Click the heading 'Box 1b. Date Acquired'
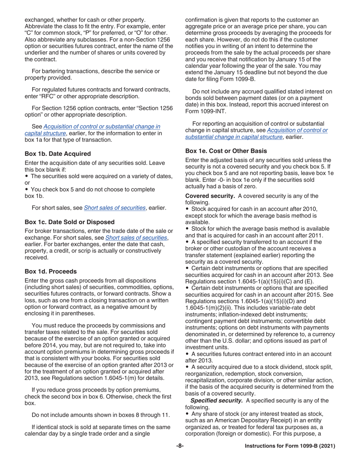click(x=57, y=154)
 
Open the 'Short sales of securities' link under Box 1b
click(x=113, y=207)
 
